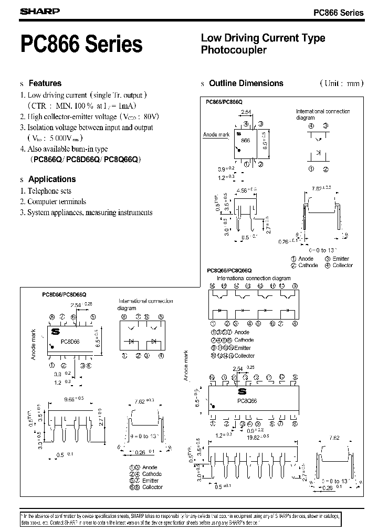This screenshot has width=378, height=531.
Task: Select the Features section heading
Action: [x=45, y=83]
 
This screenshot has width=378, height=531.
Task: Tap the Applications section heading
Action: [x=52, y=179]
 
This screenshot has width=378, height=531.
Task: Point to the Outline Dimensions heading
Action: [x=246, y=83]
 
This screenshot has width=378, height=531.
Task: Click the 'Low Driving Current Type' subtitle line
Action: [x=263, y=38]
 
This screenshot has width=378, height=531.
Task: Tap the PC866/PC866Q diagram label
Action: [x=224, y=102]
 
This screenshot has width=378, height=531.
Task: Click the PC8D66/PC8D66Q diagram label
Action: [x=65, y=295]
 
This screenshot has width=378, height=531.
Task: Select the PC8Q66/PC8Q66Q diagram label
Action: [x=229, y=270]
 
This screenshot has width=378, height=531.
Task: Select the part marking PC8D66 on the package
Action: [x=70, y=341]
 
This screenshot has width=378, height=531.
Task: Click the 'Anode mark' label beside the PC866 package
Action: [x=216, y=135]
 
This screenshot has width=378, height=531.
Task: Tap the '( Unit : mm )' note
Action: [x=340, y=83]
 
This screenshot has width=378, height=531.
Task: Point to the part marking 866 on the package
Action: [x=245, y=141]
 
